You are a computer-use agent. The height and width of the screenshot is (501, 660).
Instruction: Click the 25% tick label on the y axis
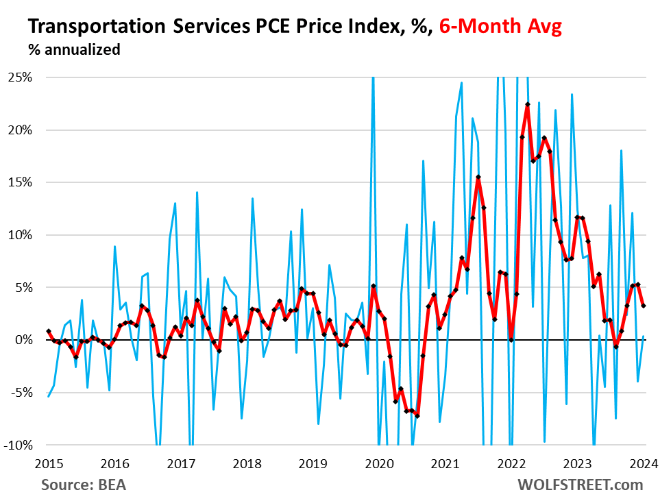21,77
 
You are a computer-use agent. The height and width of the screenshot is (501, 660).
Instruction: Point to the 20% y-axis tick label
21,130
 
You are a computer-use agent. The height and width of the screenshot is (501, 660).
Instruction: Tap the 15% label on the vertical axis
21,182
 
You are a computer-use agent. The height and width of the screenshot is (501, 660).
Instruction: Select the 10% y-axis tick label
21,235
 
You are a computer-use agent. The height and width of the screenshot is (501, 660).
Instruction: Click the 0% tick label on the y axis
23,340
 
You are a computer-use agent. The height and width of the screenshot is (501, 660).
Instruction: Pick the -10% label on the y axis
19,445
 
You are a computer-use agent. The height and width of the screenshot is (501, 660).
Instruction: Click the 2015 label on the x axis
48,463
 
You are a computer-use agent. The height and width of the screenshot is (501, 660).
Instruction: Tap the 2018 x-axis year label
247,463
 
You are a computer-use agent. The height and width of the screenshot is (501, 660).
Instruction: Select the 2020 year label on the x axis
379,463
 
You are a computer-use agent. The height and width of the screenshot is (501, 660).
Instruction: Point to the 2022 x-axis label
511,463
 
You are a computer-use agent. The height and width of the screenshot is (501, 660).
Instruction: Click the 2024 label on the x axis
644,463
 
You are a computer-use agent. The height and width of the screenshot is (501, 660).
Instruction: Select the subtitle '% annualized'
74,50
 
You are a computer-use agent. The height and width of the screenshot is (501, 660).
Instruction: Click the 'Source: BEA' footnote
84,485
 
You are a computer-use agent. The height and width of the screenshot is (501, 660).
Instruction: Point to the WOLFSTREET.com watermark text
579,485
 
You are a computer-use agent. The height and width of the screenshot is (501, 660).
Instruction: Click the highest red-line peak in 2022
528,104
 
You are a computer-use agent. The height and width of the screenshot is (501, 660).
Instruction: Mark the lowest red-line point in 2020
417,416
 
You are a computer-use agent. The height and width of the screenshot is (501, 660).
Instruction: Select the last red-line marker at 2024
644,306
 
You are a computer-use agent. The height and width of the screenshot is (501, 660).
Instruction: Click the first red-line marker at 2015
48,331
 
